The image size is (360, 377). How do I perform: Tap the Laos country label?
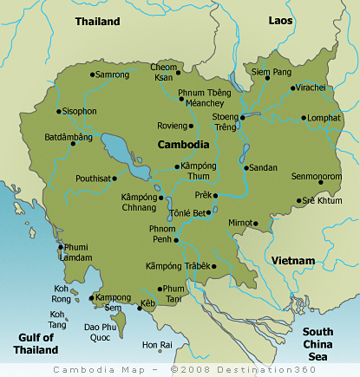(x=279, y=19)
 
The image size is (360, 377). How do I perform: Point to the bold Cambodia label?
(x=183, y=144)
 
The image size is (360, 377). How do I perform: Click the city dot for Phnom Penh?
(x=176, y=240)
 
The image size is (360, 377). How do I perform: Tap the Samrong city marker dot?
(x=91, y=75)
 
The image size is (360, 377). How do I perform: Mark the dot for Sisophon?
(x=58, y=111)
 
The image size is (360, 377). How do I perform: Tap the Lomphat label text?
(x=322, y=118)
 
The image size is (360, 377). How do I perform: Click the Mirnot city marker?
(x=256, y=223)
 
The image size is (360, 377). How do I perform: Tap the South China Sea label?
(x=317, y=344)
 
